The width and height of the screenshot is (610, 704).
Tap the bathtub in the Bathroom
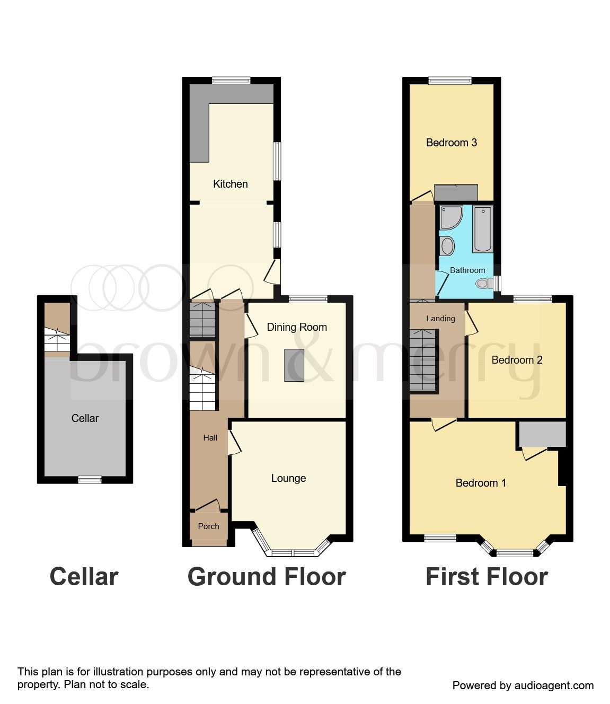click(482, 229)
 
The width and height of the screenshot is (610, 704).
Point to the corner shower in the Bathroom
click(450, 216)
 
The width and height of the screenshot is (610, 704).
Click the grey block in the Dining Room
click(294, 365)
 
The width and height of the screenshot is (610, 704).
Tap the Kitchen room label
click(230, 184)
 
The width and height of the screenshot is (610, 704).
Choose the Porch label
click(208, 526)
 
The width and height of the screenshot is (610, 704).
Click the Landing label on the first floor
click(440, 319)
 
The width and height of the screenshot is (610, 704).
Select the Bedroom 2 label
click(517, 360)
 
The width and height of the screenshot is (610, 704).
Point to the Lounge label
click(288, 478)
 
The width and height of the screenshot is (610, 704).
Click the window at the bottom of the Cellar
click(90, 480)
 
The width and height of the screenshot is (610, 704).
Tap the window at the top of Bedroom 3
click(450, 81)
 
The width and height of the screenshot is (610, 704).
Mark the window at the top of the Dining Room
click(308, 299)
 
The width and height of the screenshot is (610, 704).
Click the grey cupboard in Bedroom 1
click(542, 434)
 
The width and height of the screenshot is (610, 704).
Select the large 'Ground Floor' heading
click(267, 577)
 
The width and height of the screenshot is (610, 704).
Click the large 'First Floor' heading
click(487, 577)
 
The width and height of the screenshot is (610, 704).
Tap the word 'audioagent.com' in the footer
click(554, 685)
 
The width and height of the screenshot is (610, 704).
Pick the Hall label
click(210, 438)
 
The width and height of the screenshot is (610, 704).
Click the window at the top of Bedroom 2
click(532, 299)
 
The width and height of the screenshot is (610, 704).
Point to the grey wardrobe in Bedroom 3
click(456, 193)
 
